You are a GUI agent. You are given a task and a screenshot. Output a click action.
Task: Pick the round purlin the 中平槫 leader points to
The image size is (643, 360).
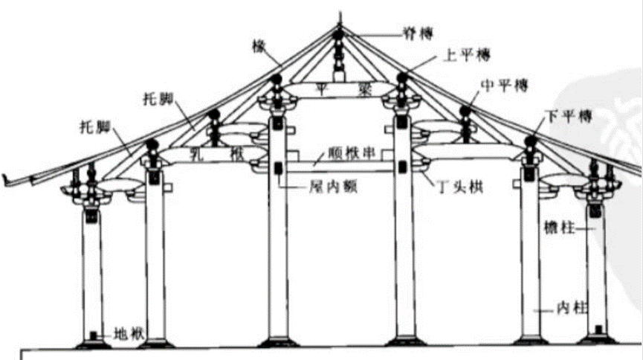tap(468, 113)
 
